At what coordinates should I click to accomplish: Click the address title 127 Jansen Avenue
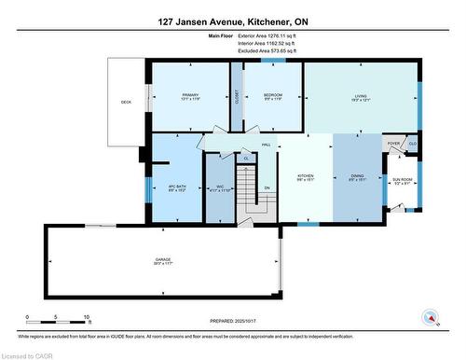(x=232, y=21)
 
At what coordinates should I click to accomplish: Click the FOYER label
(x=394, y=145)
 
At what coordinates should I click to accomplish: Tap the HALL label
(x=266, y=146)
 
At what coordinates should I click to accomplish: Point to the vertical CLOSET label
(x=237, y=97)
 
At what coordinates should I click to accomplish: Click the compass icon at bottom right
(x=431, y=317)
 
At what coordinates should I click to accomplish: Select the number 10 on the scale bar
(x=87, y=319)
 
